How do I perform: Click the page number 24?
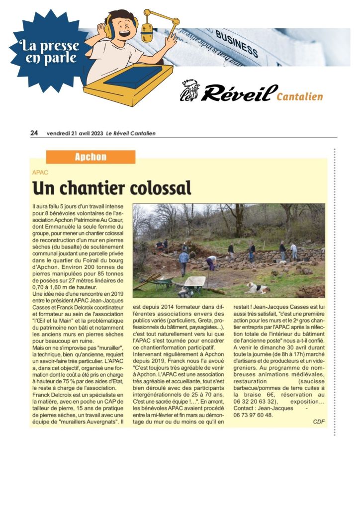[34, 133]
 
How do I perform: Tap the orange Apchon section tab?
[90, 157]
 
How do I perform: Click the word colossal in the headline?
[161, 188]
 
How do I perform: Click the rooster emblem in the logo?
[189, 90]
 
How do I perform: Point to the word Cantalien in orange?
[299, 96]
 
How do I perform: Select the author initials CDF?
[319, 422]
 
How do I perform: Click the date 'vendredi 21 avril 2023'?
[75, 133]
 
